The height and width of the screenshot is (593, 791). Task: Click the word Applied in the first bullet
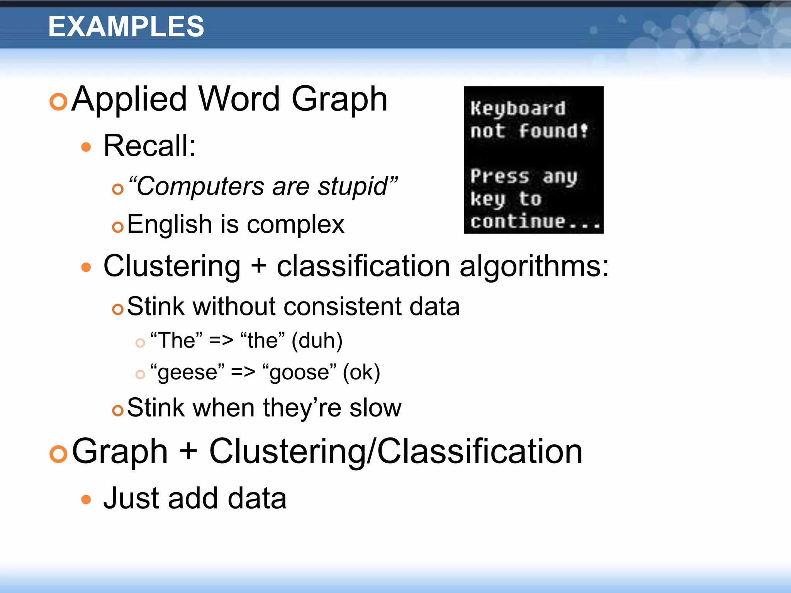(130, 100)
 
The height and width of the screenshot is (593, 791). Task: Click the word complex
(295, 225)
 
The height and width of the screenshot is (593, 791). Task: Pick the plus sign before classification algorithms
(258, 266)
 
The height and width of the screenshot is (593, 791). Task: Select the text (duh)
(317, 341)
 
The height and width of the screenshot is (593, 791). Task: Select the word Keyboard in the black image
(518, 108)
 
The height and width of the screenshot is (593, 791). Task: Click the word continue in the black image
(518, 222)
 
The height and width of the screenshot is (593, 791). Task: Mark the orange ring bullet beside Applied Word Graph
(59, 102)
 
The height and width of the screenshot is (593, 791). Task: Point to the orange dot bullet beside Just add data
(86, 500)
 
